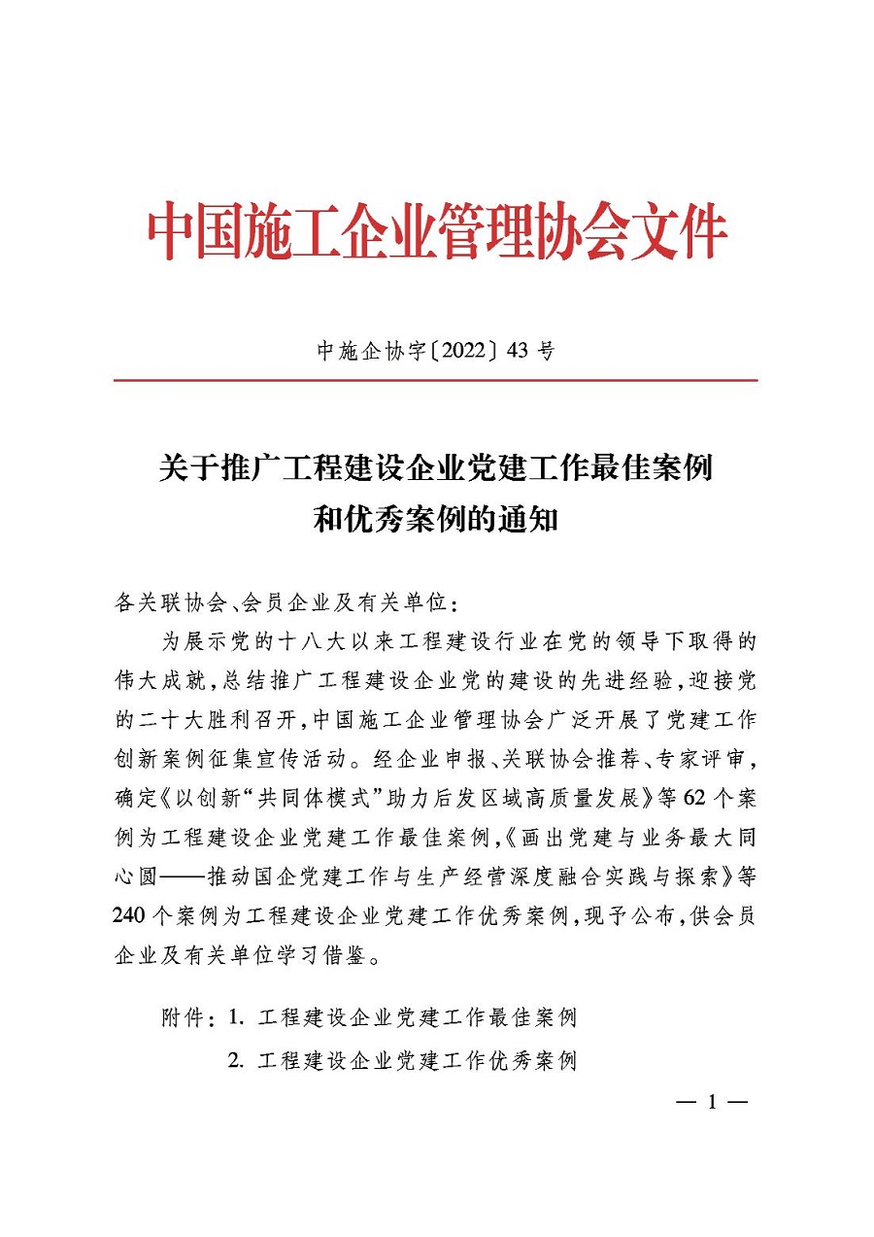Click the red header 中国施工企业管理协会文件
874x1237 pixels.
tap(437, 231)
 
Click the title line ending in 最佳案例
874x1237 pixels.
tap(436, 468)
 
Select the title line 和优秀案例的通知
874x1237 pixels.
tap(436, 519)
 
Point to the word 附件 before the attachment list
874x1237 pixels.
tap(187, 1018)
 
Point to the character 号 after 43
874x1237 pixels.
tap(545, 351)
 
